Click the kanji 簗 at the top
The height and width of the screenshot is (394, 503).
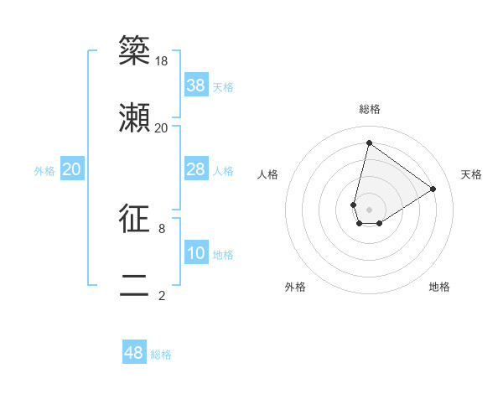(x=134, y=50)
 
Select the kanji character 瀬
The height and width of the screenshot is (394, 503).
(x=134, y=117)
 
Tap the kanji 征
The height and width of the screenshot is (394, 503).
(x=134, y=217)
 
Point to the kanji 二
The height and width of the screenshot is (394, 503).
(x=134, y=284)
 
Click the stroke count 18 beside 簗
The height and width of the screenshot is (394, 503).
(x=162, y=61)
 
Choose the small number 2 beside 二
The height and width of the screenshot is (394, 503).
(x=162, y=295)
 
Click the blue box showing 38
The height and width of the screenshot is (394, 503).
(x=196, y=86)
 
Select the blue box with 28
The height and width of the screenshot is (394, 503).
(x=196, y=170)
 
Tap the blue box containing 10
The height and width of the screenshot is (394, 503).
(x=196, y=254)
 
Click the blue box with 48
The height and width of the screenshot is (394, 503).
(x=134, y=353)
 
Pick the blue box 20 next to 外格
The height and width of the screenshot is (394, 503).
(x=72, y=170)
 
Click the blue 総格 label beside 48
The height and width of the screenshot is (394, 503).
(x=161, y=355)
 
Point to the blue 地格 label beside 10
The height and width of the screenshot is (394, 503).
(x=223, y=255)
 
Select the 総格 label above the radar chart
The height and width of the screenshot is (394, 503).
(x=369, y=109)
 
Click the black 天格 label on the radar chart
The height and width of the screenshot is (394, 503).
(x=471, y=174)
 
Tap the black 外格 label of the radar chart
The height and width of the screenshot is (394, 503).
(x=295, y=287)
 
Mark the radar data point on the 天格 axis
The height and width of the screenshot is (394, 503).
(x=433, y=189)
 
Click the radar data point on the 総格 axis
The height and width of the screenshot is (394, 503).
(x=369, y=143)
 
